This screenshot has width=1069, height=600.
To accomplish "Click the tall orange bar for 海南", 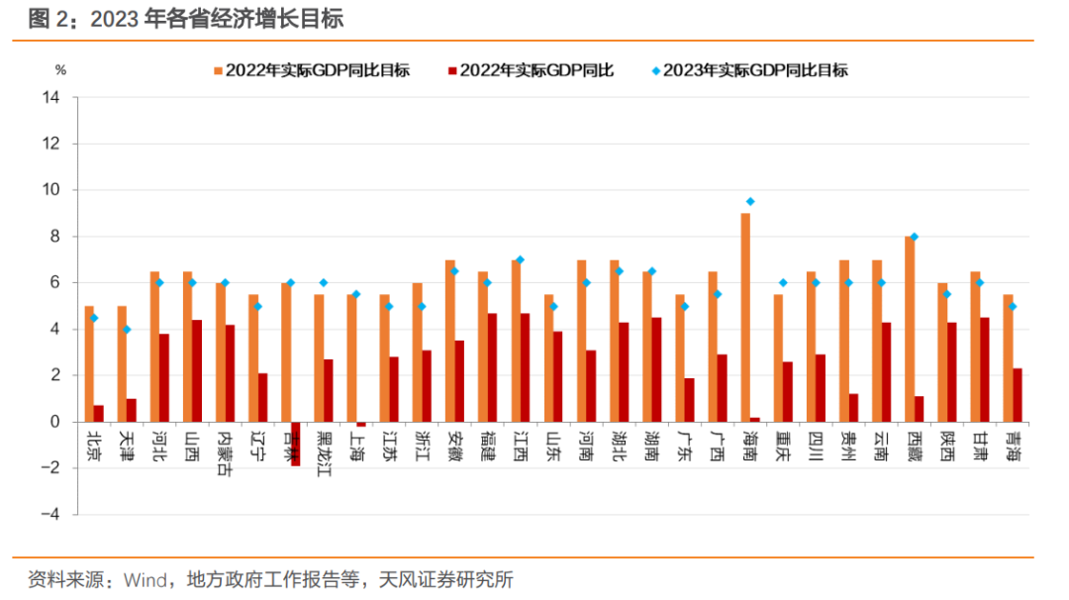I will coord(745,317).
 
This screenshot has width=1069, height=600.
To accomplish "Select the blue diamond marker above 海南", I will coord(750,202).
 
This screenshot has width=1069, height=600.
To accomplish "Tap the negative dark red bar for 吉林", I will coord(296,444).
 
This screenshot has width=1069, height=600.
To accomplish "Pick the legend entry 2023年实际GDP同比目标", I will coord(755,70).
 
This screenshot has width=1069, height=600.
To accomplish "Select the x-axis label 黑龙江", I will coord(324,452).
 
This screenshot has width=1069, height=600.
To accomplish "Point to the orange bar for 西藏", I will coord(909,329).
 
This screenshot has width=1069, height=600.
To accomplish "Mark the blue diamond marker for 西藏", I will coord(915,237).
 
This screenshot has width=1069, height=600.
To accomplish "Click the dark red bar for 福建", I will coord(493,367).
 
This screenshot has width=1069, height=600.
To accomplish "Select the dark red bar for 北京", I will coord(99,413).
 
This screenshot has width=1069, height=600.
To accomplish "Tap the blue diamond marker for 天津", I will coord(127,329).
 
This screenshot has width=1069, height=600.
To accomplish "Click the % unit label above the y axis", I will coord(59,70).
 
